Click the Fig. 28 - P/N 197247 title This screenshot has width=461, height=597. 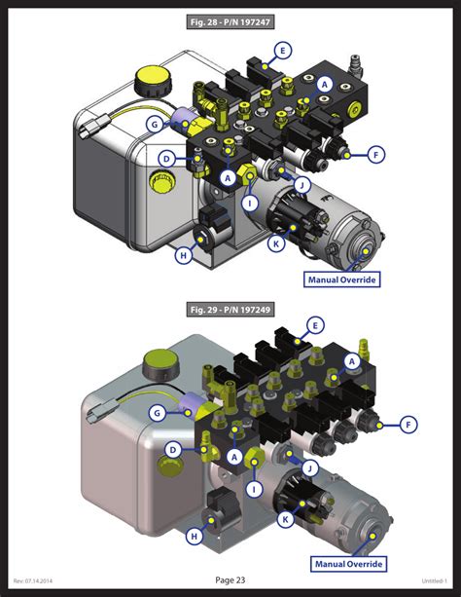coord(230,20)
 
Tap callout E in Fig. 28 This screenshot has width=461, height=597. coord(282,50)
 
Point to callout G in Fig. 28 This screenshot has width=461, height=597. coord(154,124)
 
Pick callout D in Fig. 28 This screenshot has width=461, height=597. coord(167,159)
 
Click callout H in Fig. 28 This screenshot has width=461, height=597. coord(182,256)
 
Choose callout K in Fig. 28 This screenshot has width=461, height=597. coord(275,243)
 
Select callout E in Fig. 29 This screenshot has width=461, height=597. coord(314,325)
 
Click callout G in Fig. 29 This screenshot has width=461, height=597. coord(156,413)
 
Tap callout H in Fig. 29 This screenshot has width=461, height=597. coord(195,535)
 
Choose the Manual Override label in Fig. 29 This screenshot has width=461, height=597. coord(348,563)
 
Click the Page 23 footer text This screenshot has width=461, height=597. coord(230,580)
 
